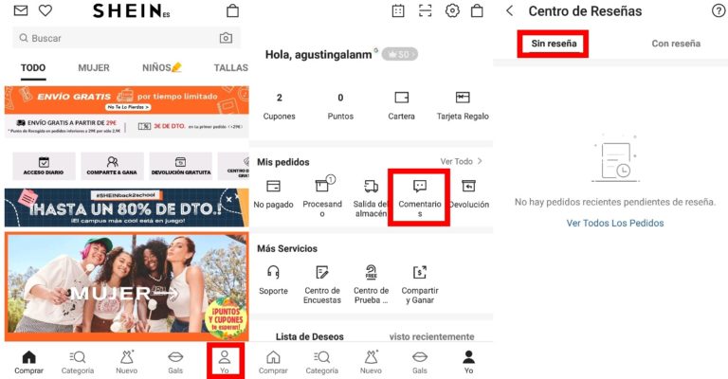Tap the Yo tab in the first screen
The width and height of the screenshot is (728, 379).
(x=225, y=361)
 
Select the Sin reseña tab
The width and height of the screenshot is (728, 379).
(x=553, y=44)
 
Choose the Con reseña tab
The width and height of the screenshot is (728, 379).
(x=676, y=44)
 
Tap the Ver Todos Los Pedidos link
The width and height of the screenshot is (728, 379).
(x=615, y=224)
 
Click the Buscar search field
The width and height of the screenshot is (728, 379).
(x=114, y=38)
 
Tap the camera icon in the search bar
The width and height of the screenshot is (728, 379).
(x=226, y=38)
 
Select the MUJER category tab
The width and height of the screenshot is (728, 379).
(x=93, y=68)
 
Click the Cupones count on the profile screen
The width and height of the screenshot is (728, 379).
(x=279, y=104)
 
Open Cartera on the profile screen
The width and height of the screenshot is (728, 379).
(x=401, y=104)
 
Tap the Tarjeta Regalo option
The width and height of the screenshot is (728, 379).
(x=463, y=104)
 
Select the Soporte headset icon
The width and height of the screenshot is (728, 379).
(x=273, y=279)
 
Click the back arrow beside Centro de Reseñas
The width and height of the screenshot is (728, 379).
(x=509, y=11)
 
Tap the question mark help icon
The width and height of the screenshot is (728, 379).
(x=718, y=11)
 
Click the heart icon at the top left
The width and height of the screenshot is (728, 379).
(x=45, y=11)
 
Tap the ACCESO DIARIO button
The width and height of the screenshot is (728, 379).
(x=44, y=167)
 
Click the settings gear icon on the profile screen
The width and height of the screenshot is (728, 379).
(x=452, y=11)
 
